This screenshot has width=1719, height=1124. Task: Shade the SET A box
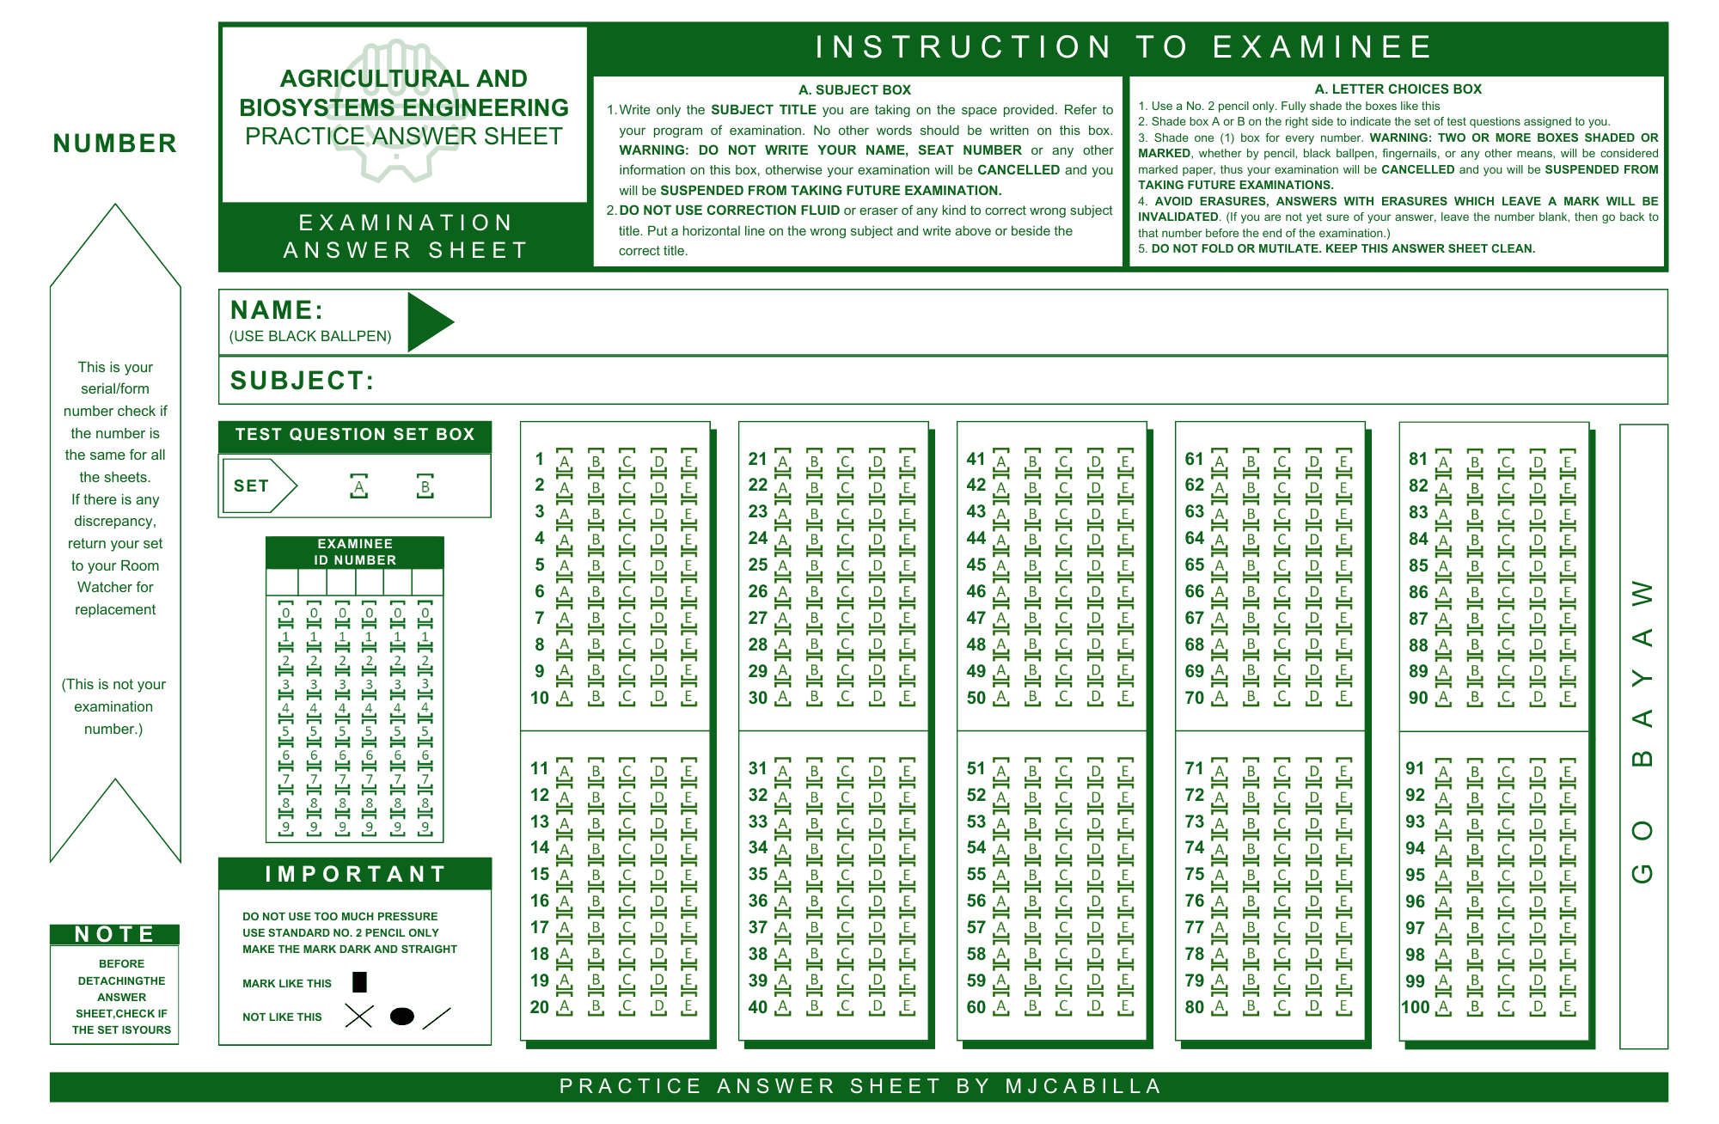pyautogui.click(x=359, y=487)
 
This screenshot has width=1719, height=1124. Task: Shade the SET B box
pyautogui.click(x=425, y=487)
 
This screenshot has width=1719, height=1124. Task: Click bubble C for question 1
pyautogui.click(x=627, y=461)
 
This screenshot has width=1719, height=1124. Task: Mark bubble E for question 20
pyautogui.click(x=689, y=1006)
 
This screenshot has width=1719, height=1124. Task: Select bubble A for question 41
pyautogui.click(x=1001, y=461)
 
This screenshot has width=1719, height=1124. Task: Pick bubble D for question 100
pyautogui.click(x=1539, y=1007)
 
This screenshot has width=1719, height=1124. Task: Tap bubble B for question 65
pyautogui.click(x=1251, y=566)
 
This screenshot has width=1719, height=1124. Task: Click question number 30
pyautogui.click(x=757, y=698)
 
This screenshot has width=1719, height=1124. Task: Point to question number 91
pyautogui.click(x=1416, y=768)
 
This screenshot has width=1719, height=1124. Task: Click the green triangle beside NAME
pyautogui.click(x=427, y=322)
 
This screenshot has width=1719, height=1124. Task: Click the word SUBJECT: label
pyautogui.click(x=302, y=381)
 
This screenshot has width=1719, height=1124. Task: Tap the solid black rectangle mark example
pyautogui.click(x=360, y=982)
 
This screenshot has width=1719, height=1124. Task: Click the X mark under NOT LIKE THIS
pyautogui.click(x=358, y=1017)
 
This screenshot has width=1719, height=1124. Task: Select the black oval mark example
pyautogui.click(x=401, y=1017)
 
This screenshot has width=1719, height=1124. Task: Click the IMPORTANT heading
pyautogui.click(x=355, y=874)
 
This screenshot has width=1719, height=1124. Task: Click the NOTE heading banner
pyautogui.click(x=114, y=934)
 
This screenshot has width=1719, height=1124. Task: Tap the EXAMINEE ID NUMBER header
pyautogui.click(x=355, y=552)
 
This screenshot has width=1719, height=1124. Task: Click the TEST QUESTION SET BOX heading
pyautogui.click(x=355, y=435)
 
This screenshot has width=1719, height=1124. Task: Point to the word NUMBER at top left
pyautogui.click(x=115, y=144)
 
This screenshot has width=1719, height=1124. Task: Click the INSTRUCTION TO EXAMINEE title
pyautogui.click(x=1124, y=47)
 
